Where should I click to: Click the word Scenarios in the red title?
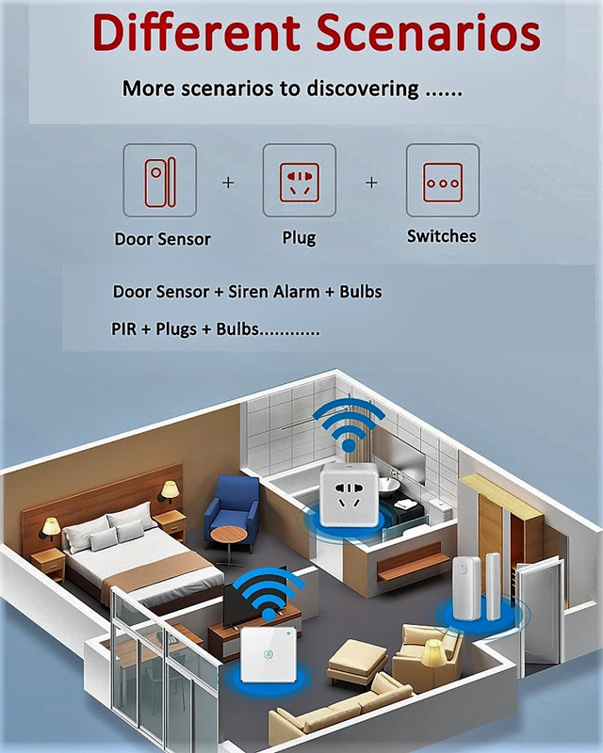tap(428, 33)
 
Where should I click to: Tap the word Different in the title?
tap(196, 32)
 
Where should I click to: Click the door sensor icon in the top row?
tap(160, 181)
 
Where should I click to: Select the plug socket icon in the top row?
tap(299, 181)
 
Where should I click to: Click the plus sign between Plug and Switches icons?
tap(371, 183)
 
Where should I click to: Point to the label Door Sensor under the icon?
tap(163, 239)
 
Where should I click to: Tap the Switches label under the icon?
tap(442, 236)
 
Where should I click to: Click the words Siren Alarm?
tap(273, 292)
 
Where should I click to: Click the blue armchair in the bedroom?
tap(231, 505)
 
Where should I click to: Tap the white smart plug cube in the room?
tap(350, 496)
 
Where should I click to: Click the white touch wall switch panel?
tap(268, 655)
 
